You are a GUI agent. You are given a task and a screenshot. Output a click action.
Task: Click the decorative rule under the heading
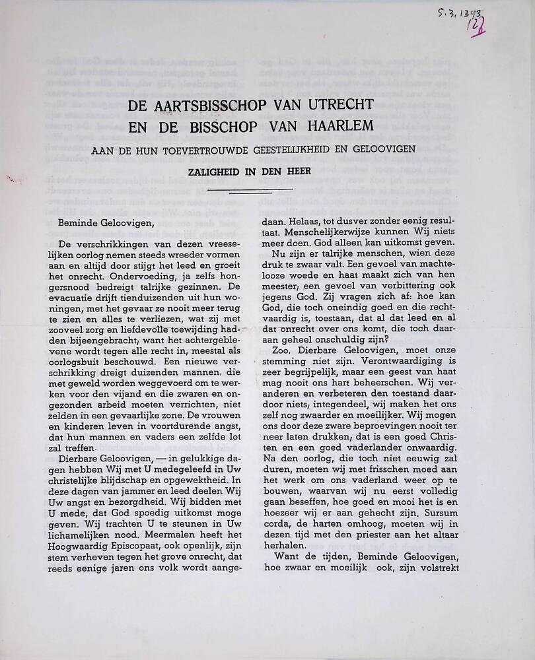(x=250, y=189)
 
